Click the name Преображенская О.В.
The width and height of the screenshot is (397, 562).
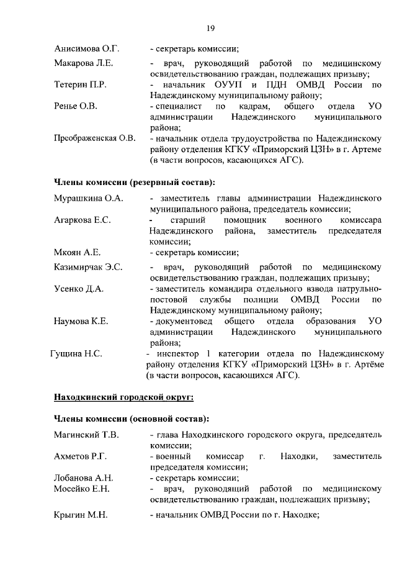[94, 138]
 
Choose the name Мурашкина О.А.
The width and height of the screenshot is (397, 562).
[89, 198]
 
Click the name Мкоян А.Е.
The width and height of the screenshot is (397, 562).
[77, 252]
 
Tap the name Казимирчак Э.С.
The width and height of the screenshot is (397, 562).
[87, 267]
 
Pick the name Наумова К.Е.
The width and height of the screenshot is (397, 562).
[81, 321]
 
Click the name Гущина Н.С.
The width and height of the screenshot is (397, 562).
[76, 354]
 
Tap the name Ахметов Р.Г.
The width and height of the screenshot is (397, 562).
[81, 456]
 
